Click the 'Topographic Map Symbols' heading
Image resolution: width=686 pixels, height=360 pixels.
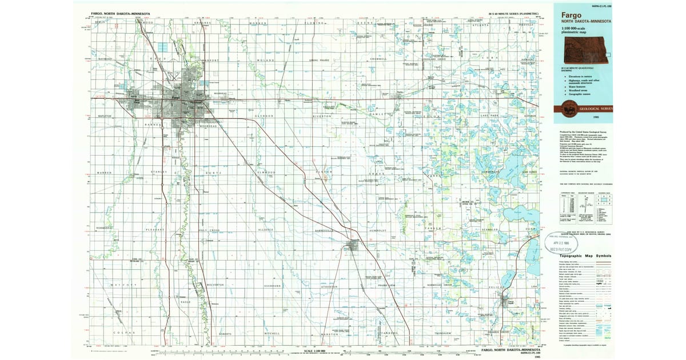click(x=585, y=257)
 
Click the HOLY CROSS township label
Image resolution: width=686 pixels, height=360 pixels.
click(x=209, y=230)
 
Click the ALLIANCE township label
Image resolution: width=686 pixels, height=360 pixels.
click(x=266, y=230)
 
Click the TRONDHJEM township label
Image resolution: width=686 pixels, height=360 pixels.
click(x=443, y=333)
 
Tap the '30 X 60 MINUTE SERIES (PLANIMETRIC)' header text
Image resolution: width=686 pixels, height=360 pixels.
click(x=513, y=13)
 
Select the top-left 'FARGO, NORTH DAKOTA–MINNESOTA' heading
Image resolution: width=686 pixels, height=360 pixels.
click(x=121, y=13)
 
